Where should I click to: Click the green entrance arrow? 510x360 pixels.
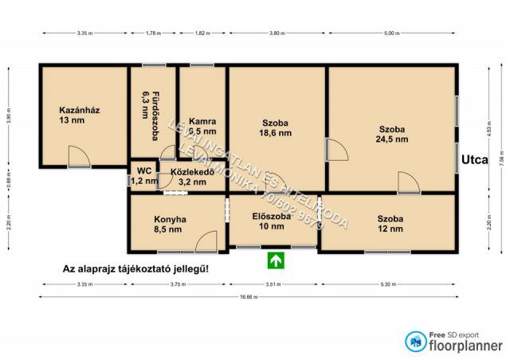click(x=276, y=259)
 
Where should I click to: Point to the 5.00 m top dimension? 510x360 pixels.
click(x=390, y=33)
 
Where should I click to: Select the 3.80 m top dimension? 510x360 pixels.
click(x=277, y=33)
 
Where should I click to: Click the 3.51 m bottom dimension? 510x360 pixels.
click(x=273, y=284)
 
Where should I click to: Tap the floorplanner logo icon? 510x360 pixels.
click(x=415, y=342)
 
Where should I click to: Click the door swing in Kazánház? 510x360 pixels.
click(x=78, y=157)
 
